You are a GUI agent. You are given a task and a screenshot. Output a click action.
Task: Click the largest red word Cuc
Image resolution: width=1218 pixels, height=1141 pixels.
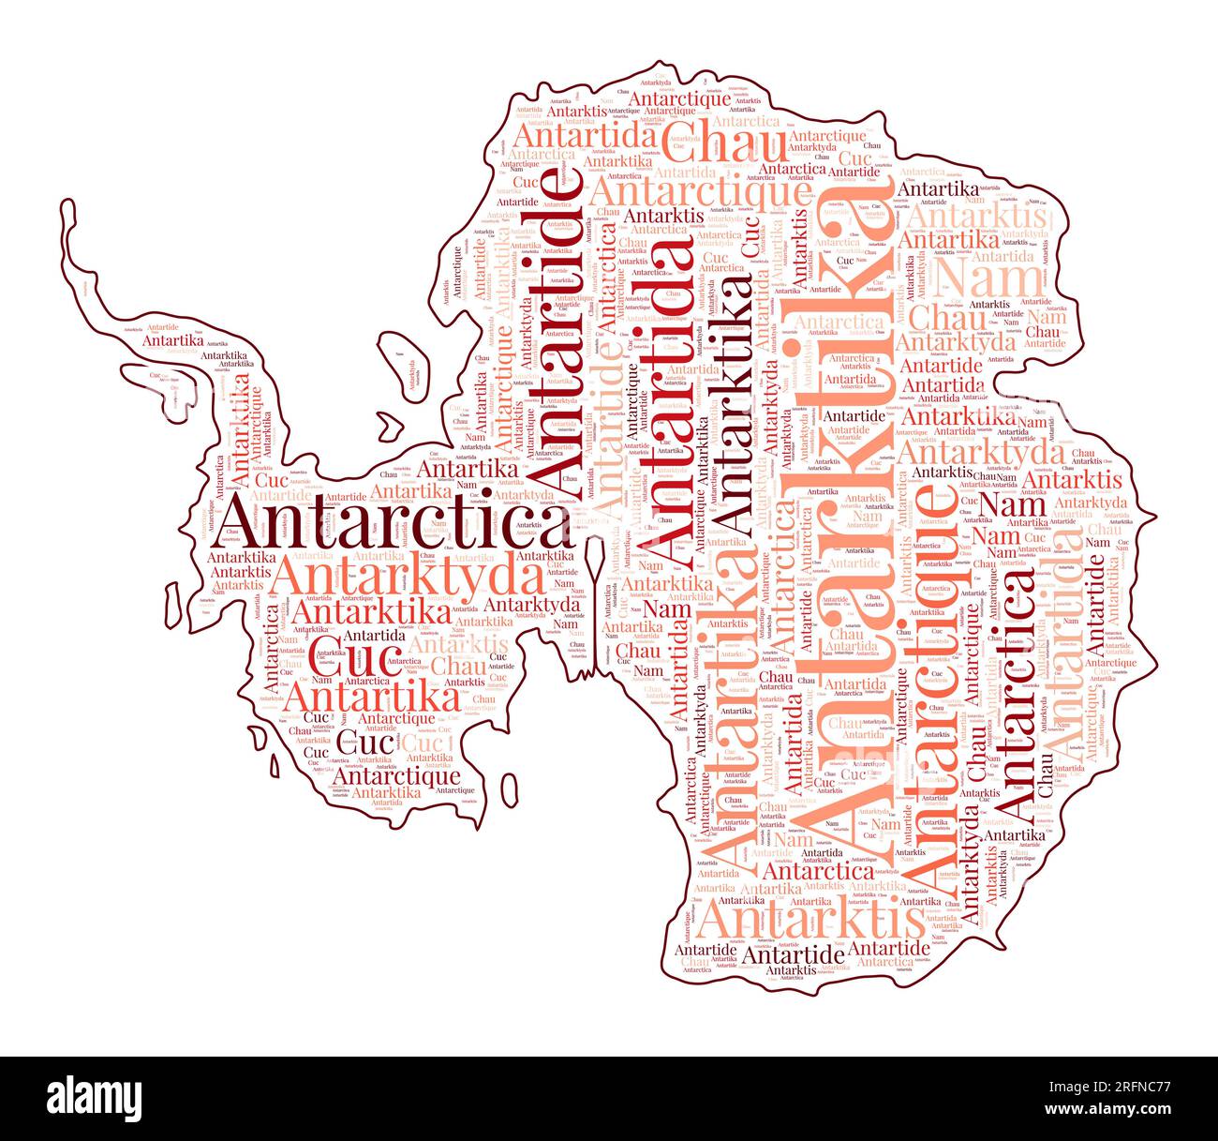[x=344, y=661]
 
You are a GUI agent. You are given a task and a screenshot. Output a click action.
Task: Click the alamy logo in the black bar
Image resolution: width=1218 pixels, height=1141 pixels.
[x=95, y=1098]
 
